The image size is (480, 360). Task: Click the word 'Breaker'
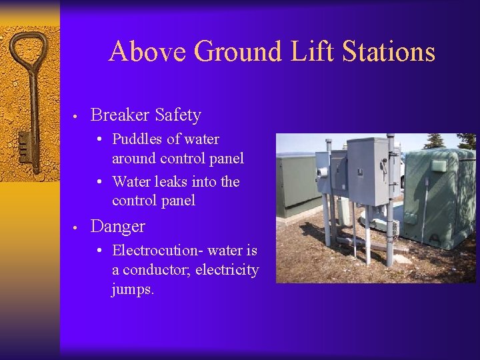(x=120, y=115)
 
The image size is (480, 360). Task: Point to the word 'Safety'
(x=178, y=116)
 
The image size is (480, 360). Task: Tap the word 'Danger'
(x=118, y=227)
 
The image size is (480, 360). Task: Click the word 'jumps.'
(x=133, y=290)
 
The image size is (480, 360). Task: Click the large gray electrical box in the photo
(x=368, y=169)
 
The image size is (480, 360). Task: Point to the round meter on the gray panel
(x=324, y=172)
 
